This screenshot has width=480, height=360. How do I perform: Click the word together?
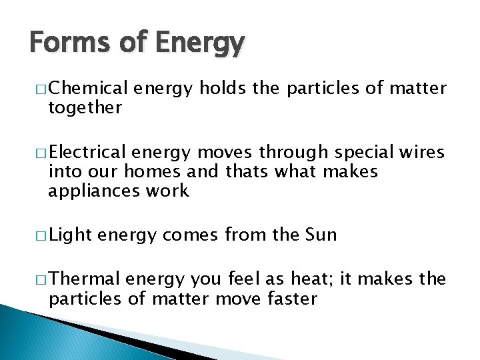(x=85, y=107)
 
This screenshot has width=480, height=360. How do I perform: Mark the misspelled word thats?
(x=227, y=172)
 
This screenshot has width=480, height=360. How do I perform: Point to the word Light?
(x=70, y=235)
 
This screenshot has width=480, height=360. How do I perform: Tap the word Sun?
(x=321, y=235)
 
